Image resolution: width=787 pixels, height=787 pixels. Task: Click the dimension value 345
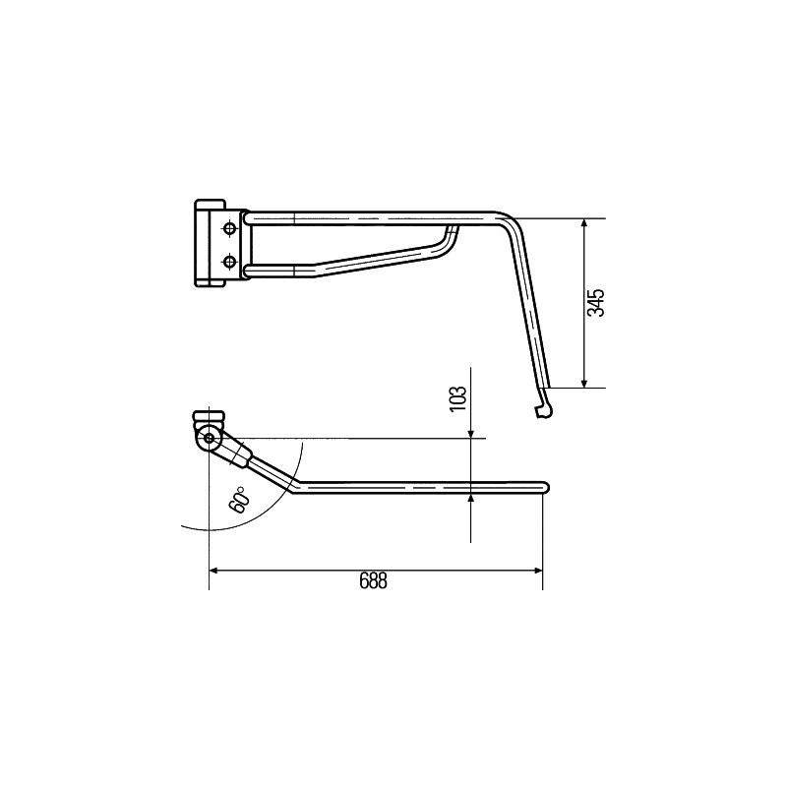point(596,303)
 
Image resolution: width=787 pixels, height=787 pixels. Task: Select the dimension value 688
point(374,581)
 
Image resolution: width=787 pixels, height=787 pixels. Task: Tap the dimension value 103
point(458,399)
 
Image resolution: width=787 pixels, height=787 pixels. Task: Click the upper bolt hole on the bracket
point(230,228)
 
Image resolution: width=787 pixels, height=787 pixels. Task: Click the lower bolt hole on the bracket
point(230,261)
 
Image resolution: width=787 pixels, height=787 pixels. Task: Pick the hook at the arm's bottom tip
point(545,407)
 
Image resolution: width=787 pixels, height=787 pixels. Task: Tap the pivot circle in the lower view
point(209,438)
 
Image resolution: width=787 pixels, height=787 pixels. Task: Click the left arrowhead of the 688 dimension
point(212,571)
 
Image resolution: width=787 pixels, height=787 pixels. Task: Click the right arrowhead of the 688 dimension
point(538,571)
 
